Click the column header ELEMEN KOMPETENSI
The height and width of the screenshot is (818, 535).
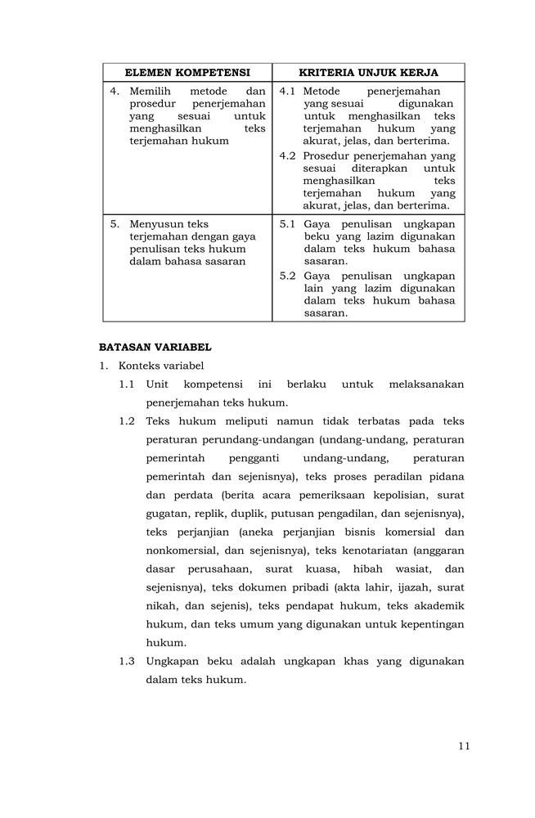(x=187, y=73)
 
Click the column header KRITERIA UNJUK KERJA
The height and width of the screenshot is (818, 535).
(x=368, y=73)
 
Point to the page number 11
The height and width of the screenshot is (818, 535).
(x=464, y=745)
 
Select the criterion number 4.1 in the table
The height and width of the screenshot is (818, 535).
(x=287, y=92)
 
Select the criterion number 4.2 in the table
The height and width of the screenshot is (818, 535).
(x=287, y=155)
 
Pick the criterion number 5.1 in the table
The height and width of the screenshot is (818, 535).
(x=287, y=224)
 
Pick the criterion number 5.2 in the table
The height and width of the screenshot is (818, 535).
(x=287, y=276)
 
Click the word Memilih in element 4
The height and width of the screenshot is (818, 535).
(x=151, y=92)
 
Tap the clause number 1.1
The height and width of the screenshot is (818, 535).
(x=127, y=384)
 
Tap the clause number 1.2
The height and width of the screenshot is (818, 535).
(x=127, y=421)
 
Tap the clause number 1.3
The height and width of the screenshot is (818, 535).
(x=127, y=661)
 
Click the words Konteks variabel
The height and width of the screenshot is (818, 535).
(x=161, y=366)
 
